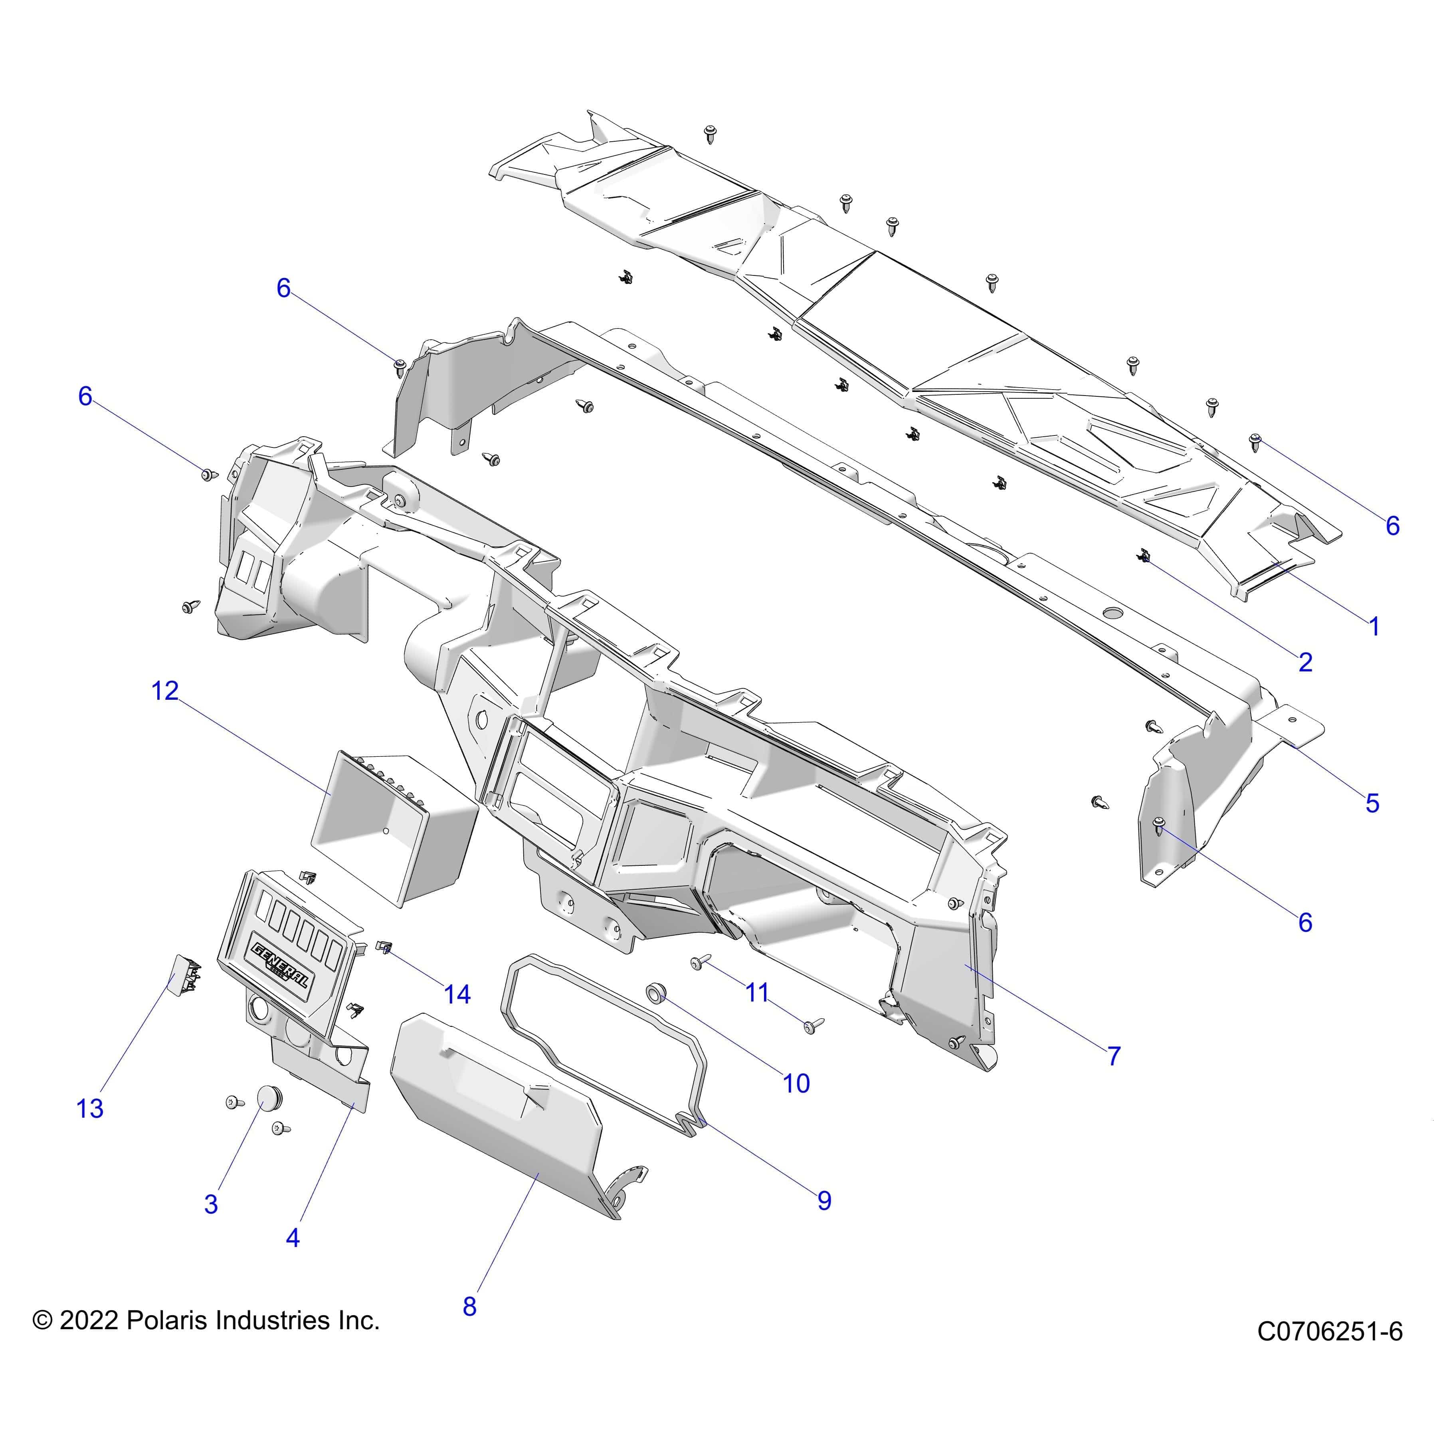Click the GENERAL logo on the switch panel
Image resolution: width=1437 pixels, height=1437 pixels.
[x=281, y=966]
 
